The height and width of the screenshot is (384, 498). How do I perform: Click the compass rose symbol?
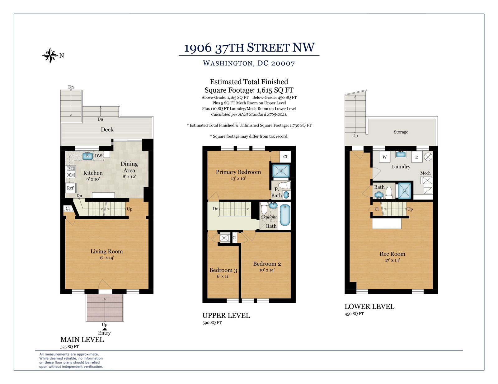pos(50,55)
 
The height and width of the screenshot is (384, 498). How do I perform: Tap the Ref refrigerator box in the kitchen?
pos(70,188)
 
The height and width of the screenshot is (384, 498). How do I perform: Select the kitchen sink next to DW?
pos(87,156)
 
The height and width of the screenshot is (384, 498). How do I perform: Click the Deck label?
pos(107,130)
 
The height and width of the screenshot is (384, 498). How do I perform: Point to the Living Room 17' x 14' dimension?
pos(106,258)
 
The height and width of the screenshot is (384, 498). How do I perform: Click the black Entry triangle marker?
pos(105,329)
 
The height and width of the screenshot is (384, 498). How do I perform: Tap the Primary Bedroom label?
pos(238,172)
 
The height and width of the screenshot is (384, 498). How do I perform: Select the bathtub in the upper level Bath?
pos(285,215)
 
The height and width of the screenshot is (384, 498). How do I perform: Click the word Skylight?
pos(269,217)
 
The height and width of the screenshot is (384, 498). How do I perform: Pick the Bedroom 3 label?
pos(223,270)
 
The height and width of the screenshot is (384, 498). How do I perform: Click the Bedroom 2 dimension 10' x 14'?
pos(267,270)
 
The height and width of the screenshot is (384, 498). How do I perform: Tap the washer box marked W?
pos(385,157)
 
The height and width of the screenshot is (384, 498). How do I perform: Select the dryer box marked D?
pos(417,157)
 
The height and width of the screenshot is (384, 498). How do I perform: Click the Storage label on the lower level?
pos(401,132)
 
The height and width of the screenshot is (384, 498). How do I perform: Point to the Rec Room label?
pos(392,254)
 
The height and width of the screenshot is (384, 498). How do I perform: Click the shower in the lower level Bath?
pos(405,191)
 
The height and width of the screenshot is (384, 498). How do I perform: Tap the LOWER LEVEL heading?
pos(369,306)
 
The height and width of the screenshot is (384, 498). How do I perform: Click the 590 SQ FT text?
pos(212,323)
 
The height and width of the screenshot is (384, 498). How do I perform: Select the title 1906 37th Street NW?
pos(249,48)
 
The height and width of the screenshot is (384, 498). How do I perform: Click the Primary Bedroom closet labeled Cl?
pos(285,157)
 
